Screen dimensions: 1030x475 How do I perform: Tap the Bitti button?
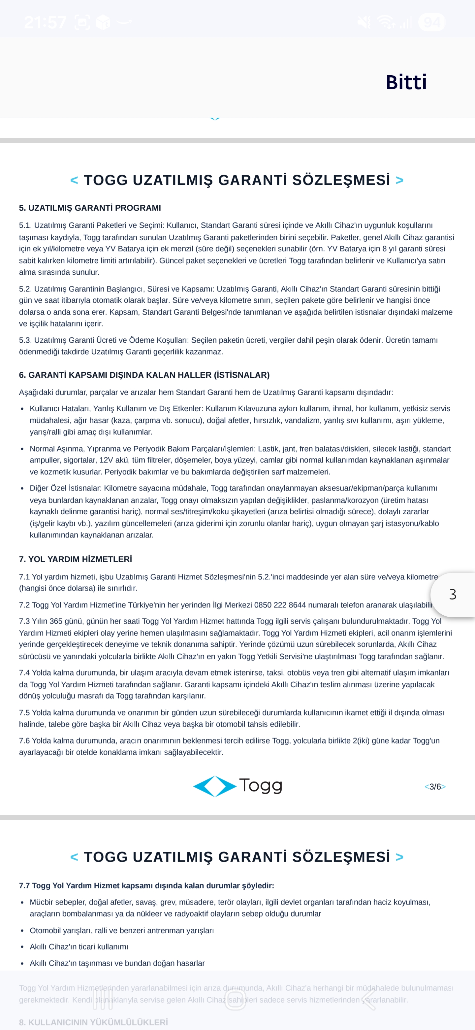click(406, 83)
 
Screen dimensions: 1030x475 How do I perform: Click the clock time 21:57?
click(45, 22)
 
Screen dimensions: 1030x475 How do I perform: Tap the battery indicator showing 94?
click(431, 22)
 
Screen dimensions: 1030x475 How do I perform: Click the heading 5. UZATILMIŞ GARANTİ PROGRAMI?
click(90, 208)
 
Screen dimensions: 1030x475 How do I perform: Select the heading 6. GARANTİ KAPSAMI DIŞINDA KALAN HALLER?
click(144, 375)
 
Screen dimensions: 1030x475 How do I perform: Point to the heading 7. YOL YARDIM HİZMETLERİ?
click(76, 559)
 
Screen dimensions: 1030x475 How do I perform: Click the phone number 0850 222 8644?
click(280, 605)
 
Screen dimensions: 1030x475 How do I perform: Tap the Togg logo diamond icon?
click(214, 786)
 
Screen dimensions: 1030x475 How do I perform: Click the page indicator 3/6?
click(435, 786)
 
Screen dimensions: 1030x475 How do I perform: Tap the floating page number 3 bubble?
click(453, 595)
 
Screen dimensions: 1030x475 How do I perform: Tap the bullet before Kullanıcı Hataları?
click(22, 409)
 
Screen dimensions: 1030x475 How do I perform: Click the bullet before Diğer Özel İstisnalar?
click(22, 489)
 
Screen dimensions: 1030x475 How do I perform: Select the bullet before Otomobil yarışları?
click(22, 931)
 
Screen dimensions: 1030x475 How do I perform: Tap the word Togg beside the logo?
click(261, 785)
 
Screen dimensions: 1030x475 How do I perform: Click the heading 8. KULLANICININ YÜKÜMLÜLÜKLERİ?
click(93, 1022)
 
